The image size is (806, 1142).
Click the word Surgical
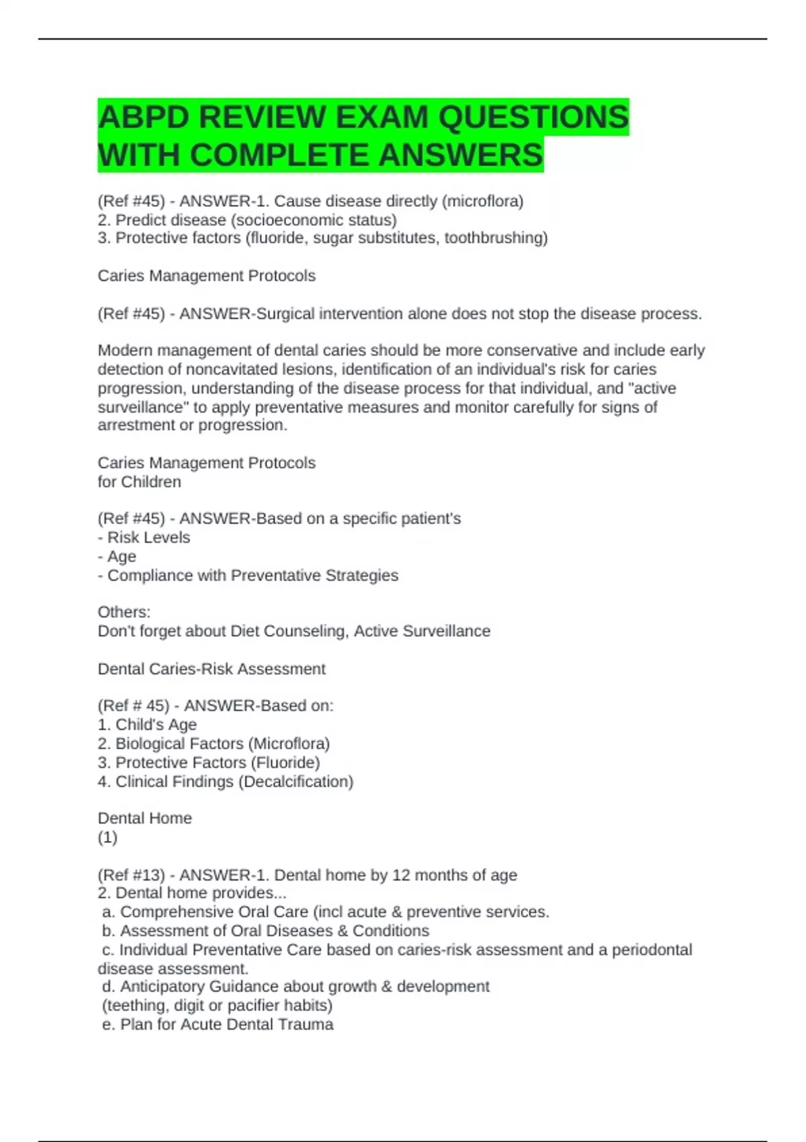[281, 314]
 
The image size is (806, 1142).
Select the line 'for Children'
[139, 482]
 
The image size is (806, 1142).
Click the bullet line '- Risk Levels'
[144, 537]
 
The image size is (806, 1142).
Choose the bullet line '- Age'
[117, 556]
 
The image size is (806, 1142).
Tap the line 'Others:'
[124, 612]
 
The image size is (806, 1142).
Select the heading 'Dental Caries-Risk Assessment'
[212, 669]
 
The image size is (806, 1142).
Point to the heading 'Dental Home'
[145, 818]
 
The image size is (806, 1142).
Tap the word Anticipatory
[163, 986]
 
